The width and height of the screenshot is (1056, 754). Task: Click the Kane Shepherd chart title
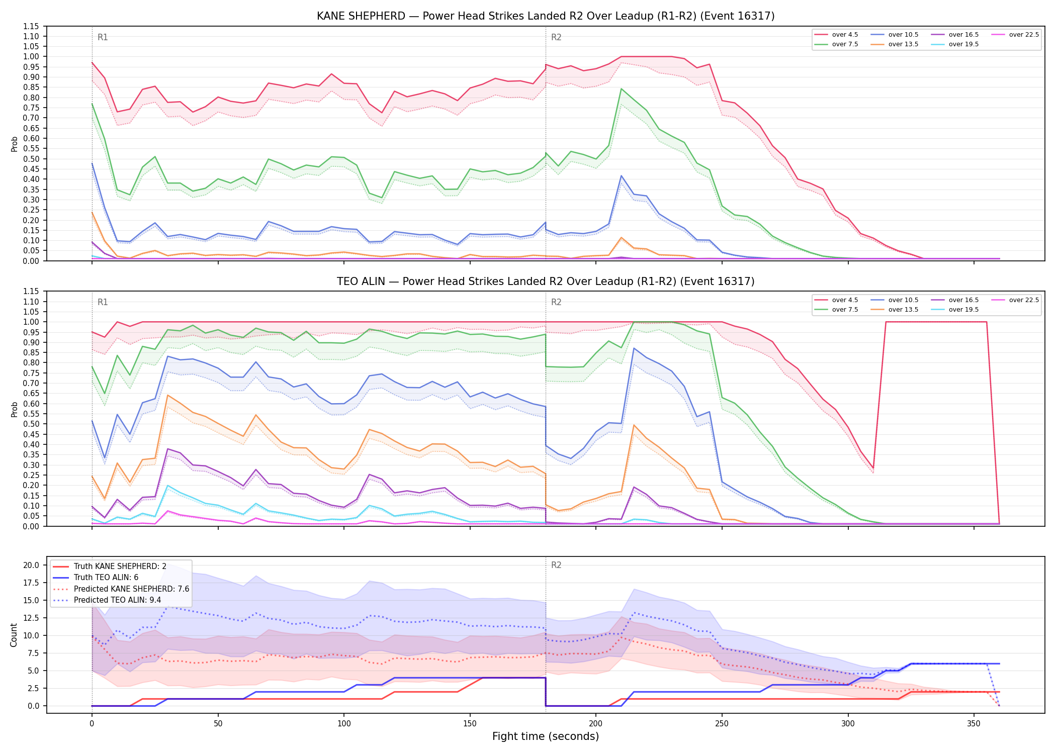[546, 16]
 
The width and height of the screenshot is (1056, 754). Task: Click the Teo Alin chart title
[546, 281]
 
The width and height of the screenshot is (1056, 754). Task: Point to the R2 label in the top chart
[556, 37]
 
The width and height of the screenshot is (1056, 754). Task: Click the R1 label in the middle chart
[103, 302]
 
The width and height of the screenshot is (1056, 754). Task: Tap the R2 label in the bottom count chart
[556, 565]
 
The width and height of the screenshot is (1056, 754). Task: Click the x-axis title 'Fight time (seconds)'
[546, 736]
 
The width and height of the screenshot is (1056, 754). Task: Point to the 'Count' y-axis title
[14, 635]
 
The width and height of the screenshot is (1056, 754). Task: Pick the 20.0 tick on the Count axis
[31, 565]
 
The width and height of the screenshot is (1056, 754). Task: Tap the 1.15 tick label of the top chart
[31, 26]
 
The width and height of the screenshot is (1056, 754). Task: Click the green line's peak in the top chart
[622, 89]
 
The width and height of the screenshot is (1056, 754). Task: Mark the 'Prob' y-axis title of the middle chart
[14, 409]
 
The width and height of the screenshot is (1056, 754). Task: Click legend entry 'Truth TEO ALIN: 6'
[106, 578]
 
